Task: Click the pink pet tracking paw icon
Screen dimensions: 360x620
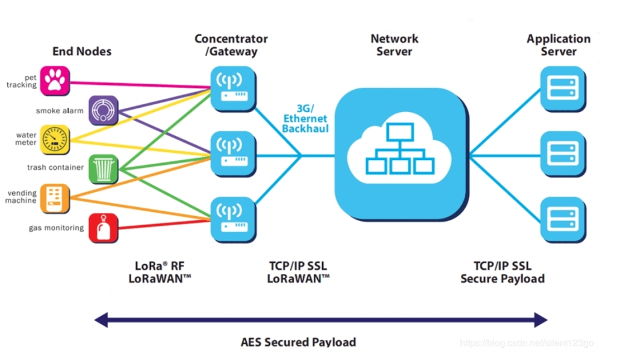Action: [55, 80]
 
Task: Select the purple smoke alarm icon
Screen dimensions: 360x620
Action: [104, 110]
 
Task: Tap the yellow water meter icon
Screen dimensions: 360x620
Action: [55, 139]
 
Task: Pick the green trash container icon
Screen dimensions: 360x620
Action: [104, 169]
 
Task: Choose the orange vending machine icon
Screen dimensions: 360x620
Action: [55, 198]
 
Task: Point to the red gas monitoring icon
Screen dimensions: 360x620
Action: [104, 228]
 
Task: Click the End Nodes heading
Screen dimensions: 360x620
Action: [82, 51]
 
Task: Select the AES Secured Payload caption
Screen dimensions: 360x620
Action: [298, 343]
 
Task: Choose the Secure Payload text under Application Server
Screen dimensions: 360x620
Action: [503, 279]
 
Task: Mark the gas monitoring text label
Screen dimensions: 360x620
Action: [56, 228]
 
